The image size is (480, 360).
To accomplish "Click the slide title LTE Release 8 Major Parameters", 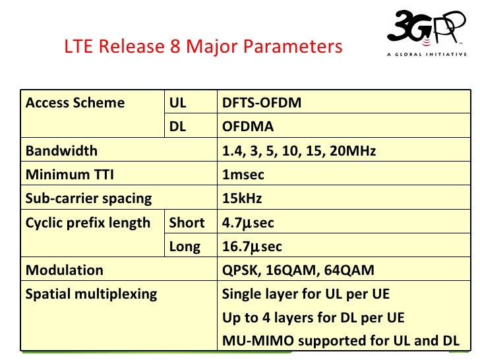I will pos(203,47).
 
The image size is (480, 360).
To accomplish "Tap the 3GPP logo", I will pos(425,32).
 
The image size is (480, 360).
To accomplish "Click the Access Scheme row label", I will pos(75,103).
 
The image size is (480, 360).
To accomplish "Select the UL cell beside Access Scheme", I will pos(178,103).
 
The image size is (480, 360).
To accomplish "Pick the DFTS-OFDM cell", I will pos(262,103).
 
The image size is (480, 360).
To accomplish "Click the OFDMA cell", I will pos(248,127).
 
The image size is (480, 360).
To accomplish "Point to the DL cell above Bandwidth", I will pos(178,127).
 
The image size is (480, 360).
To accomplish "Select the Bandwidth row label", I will pos(61,150).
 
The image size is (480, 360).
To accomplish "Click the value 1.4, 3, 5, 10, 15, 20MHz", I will pos(299,150).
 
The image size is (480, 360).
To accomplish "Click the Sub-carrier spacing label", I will pos(88,198).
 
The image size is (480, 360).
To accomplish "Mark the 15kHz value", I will pos(242,198).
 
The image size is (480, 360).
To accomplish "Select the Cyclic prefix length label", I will pos(88,223).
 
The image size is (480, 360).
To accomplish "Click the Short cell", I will pos(187,223).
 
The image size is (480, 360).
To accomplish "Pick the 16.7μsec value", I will pos(252,247).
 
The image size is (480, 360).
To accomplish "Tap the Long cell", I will pos(185,247).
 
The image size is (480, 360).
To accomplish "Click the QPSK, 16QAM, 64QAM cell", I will pos(298,270).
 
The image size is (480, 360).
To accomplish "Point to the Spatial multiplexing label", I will pos(91,294).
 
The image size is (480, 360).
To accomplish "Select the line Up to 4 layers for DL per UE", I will pos(313,318).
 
